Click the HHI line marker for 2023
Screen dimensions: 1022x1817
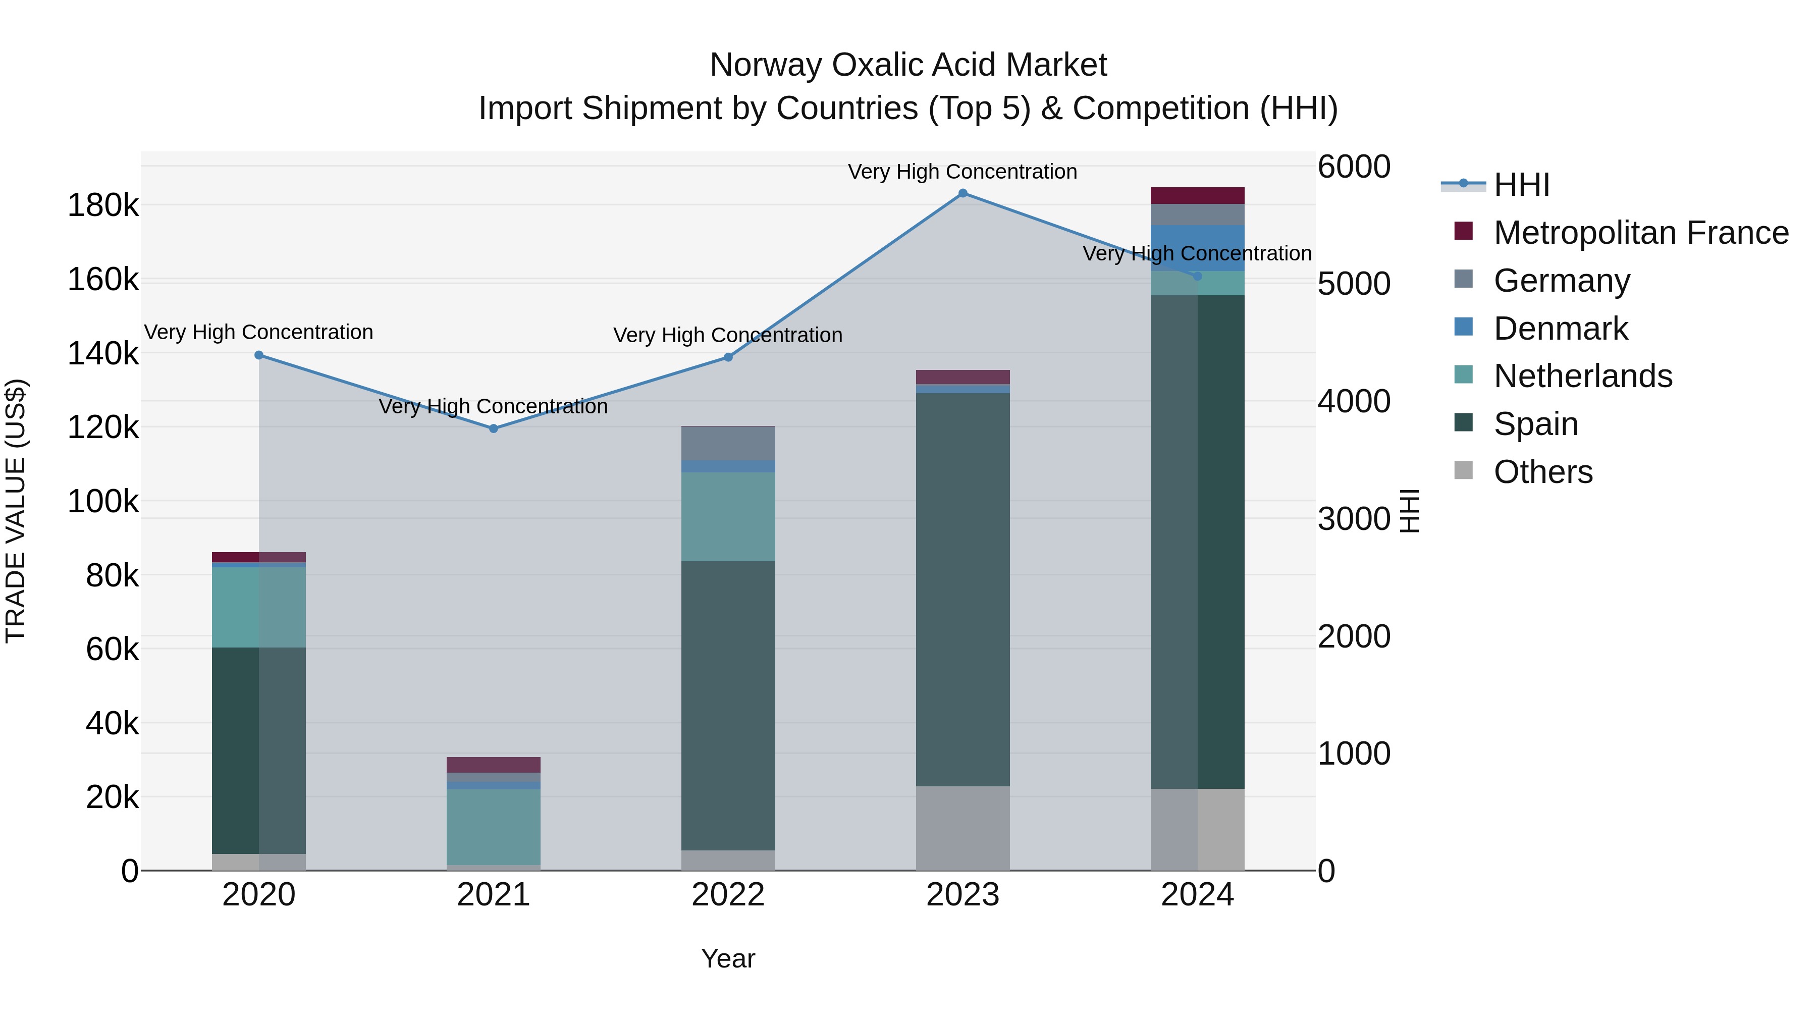point(963,193)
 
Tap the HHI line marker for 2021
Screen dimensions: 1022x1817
point(494,429)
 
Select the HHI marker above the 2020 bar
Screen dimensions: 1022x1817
point(259,355)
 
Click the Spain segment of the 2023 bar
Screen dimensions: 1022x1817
point(963,589)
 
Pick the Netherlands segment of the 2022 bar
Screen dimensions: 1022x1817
point(728,516)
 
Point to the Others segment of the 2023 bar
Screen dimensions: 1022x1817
point(963,828)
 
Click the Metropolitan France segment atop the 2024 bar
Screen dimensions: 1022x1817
point(1197,195)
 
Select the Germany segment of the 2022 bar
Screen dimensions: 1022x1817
point(728,443)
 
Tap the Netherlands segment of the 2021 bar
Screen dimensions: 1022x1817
point(494,827)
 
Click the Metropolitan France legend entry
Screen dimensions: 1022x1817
point(1641,233)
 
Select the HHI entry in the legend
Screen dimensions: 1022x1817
point(1521,185)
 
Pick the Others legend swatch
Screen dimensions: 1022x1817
point(1464,470)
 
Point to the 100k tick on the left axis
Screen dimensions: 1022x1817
point(103,502)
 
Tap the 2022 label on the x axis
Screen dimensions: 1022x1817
point(728,895)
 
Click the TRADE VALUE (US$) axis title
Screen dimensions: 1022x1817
point(16,511)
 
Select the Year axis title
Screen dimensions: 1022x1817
point(728,958)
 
